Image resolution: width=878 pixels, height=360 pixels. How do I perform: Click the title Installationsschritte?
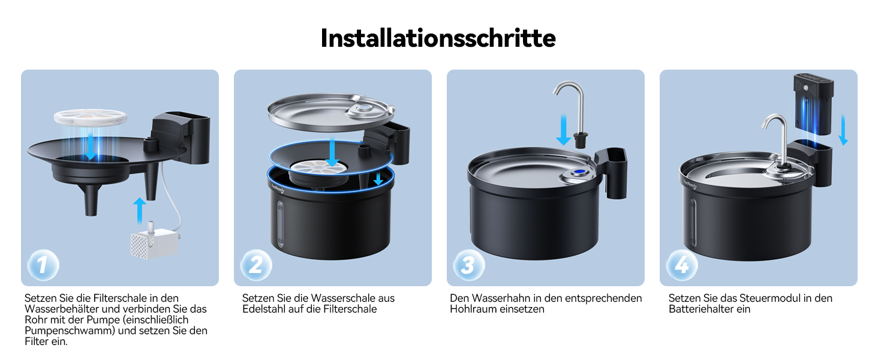438,38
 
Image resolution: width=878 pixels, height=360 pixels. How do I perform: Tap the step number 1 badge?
43,265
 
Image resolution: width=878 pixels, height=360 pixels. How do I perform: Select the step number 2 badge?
256,265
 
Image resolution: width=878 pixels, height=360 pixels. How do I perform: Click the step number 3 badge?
469,265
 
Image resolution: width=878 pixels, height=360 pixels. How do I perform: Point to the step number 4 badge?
682,265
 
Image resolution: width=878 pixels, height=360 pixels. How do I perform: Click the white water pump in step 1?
155,242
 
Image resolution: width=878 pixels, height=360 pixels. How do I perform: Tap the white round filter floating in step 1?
90,117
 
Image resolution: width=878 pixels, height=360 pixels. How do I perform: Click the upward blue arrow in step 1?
140,211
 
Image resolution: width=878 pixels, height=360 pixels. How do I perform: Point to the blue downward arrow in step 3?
564,130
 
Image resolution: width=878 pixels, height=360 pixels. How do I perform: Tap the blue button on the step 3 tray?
579,172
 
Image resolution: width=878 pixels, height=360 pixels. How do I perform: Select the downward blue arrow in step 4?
843,130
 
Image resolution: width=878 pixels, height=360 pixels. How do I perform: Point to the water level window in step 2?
280,224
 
